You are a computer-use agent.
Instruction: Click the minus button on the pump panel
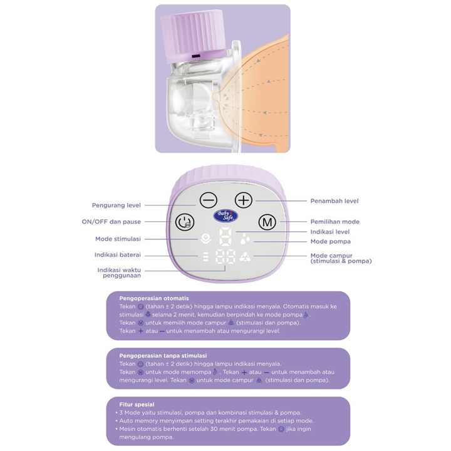[208, 200]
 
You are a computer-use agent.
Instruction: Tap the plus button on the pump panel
[243, 200]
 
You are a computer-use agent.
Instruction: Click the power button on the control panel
[183, 222]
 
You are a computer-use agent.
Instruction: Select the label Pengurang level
[117, 205]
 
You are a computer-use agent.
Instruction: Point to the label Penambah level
[334, 201]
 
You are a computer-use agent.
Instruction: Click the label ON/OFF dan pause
[111, 222]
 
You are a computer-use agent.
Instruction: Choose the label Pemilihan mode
[334, 222]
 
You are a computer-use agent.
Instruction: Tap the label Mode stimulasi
[118, 239]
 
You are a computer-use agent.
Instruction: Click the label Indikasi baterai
[118, 255]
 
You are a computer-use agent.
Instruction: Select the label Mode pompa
[330, 241]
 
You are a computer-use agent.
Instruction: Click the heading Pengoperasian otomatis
[154, 298]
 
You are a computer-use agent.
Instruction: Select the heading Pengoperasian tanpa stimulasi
[163, 356]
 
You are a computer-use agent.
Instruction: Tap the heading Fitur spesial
[137, 405]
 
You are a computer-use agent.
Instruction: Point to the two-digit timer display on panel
[225, 257]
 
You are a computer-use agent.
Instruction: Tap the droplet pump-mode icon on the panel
[244, 239]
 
